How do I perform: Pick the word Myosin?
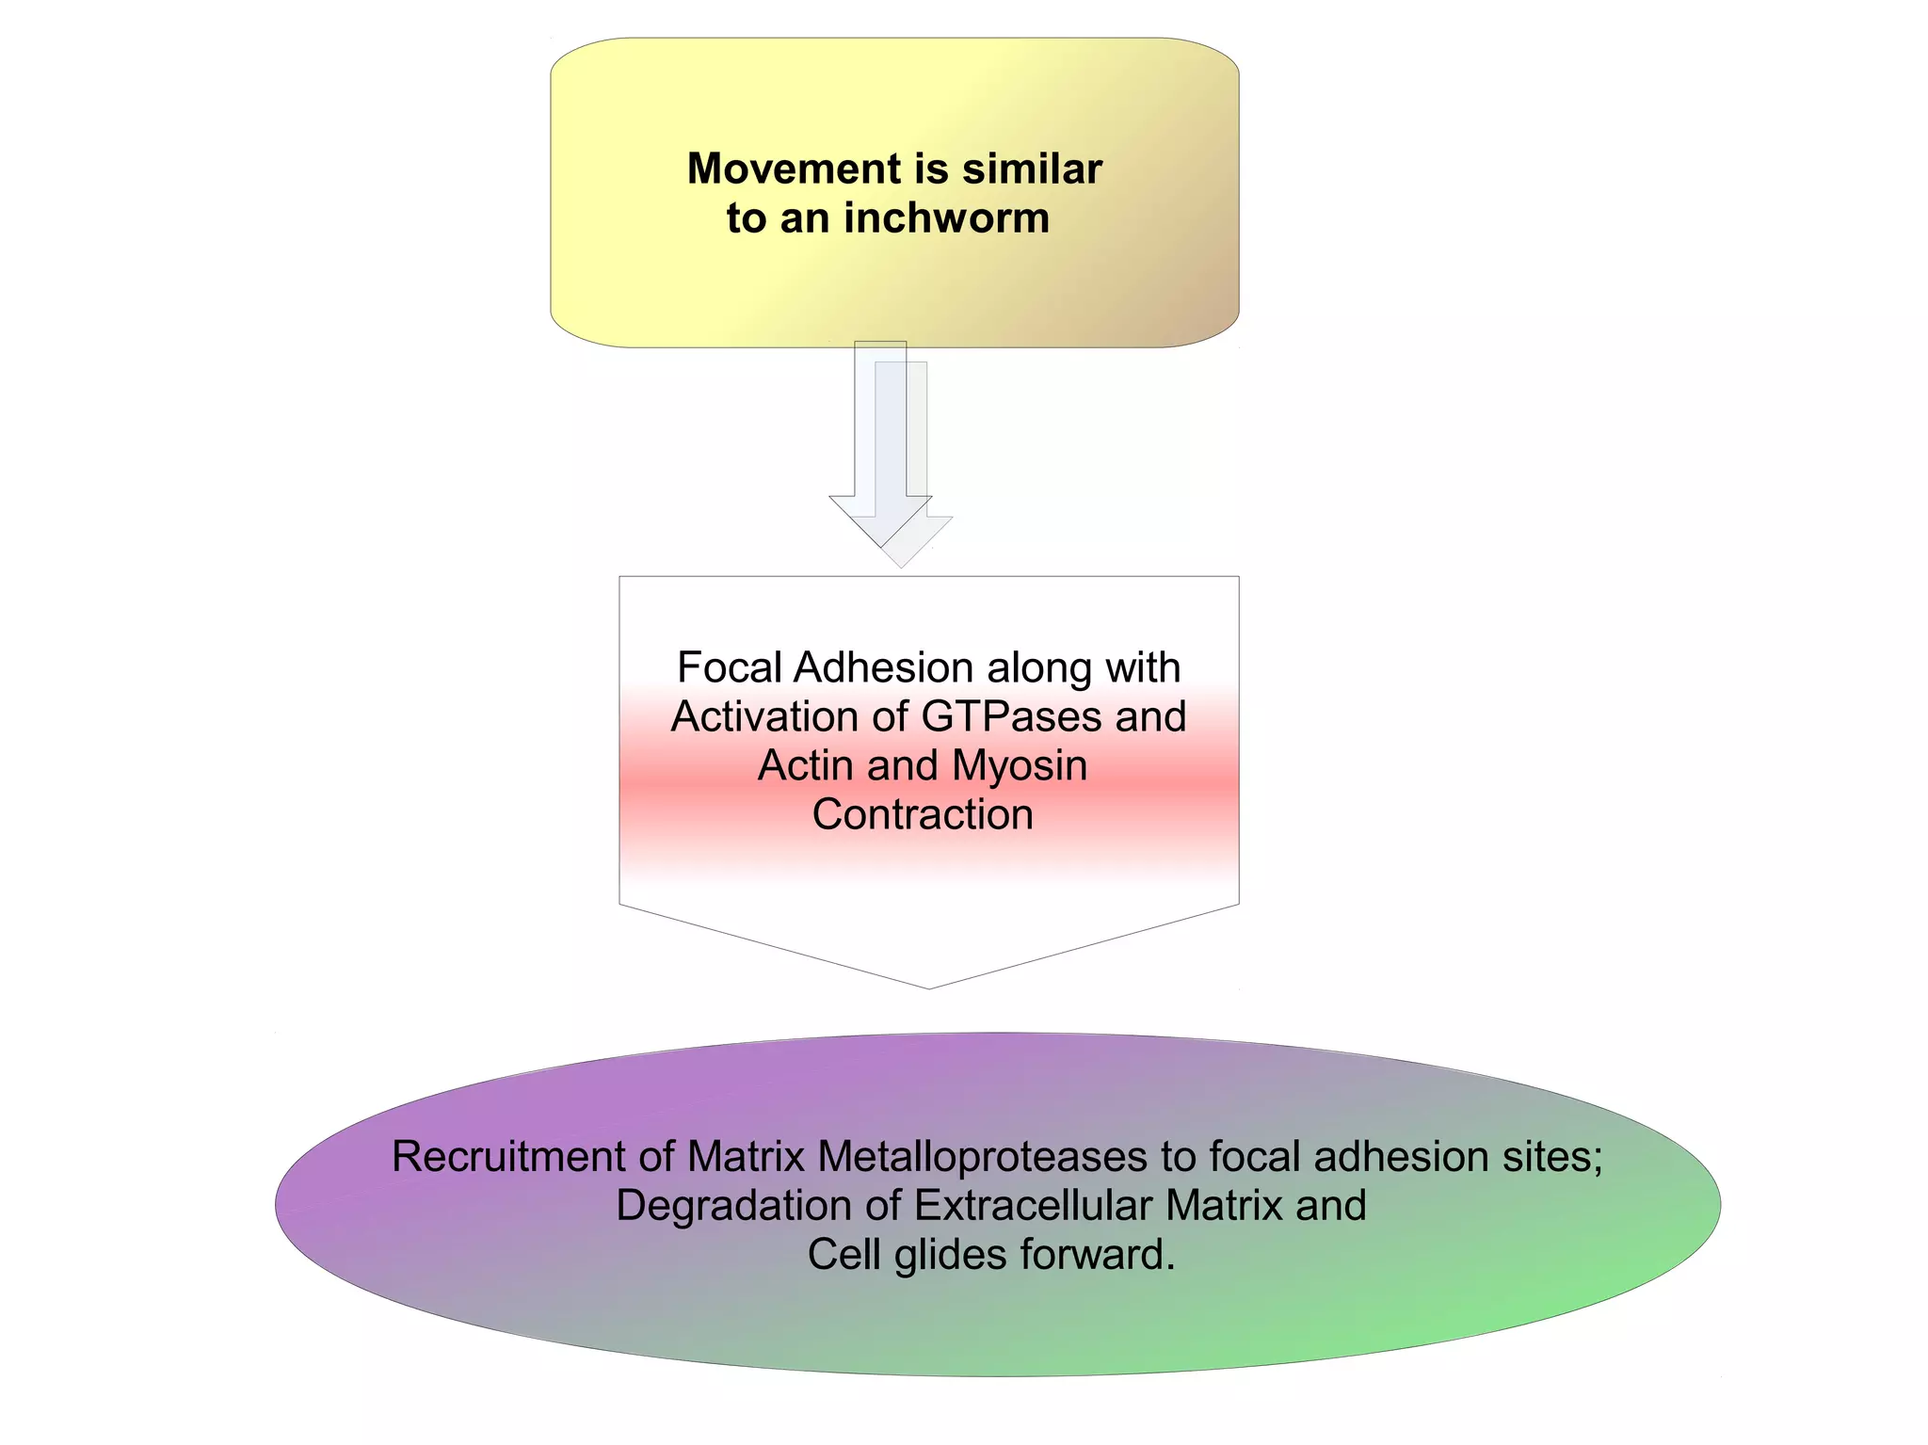point(1019,766)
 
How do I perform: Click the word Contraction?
point(923,815)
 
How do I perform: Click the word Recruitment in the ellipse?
point(507,1157)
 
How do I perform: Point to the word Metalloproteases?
point(982,1157)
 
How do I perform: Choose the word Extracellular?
point(1033,1206)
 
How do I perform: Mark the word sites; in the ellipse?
point(1552,1157)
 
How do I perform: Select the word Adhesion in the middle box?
point(884,668)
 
